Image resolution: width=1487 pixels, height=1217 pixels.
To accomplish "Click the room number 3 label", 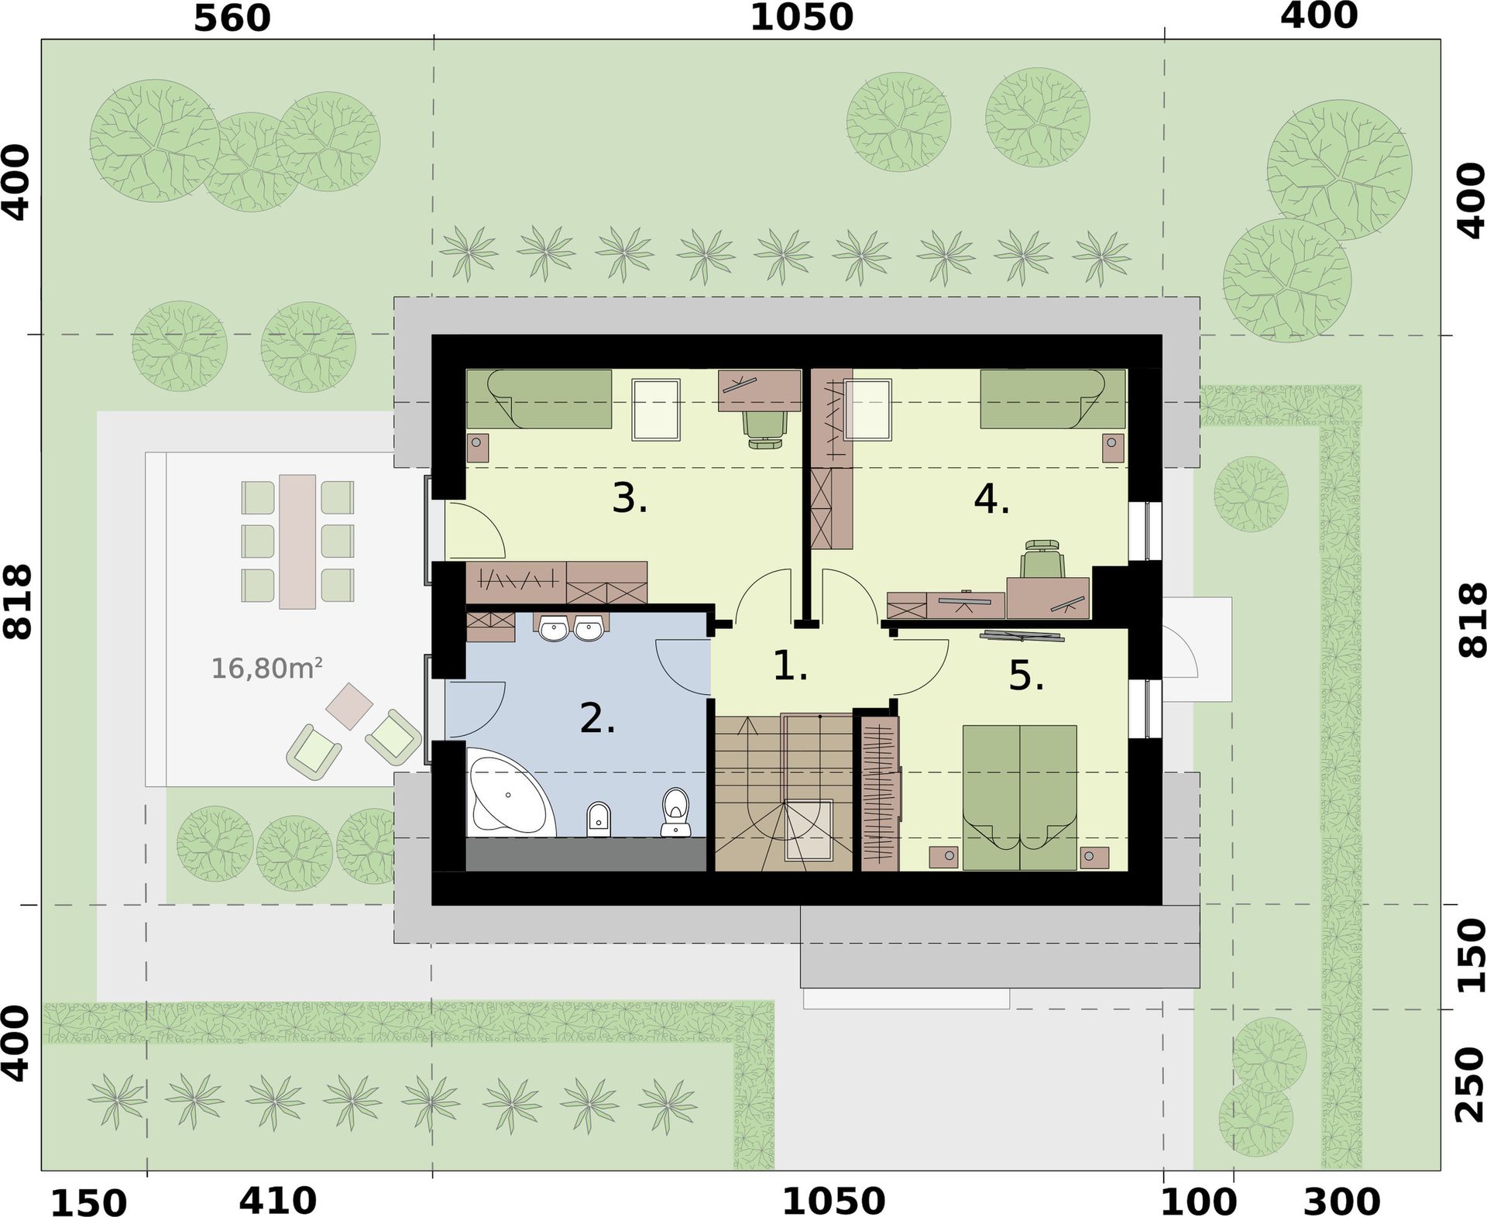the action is click(629, 498).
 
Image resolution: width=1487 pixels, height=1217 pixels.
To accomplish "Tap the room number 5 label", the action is click(1026, 676).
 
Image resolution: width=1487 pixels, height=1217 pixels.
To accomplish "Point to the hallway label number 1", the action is click(791, 666).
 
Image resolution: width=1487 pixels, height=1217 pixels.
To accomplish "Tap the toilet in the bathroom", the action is click(676, 812).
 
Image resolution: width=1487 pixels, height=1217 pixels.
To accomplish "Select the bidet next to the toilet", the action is click(599, 819).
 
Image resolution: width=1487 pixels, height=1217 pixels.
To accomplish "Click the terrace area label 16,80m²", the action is click(267, 668).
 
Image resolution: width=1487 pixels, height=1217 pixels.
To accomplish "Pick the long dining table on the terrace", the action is click(297, 541).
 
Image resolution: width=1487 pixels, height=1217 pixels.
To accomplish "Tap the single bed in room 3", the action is click(539, 398).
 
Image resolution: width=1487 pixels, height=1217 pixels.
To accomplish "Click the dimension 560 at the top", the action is click(232, 19).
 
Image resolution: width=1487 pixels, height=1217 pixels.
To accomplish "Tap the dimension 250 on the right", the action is click(1469, 1085).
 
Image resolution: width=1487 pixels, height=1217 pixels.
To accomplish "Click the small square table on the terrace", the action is click(349, 706).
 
